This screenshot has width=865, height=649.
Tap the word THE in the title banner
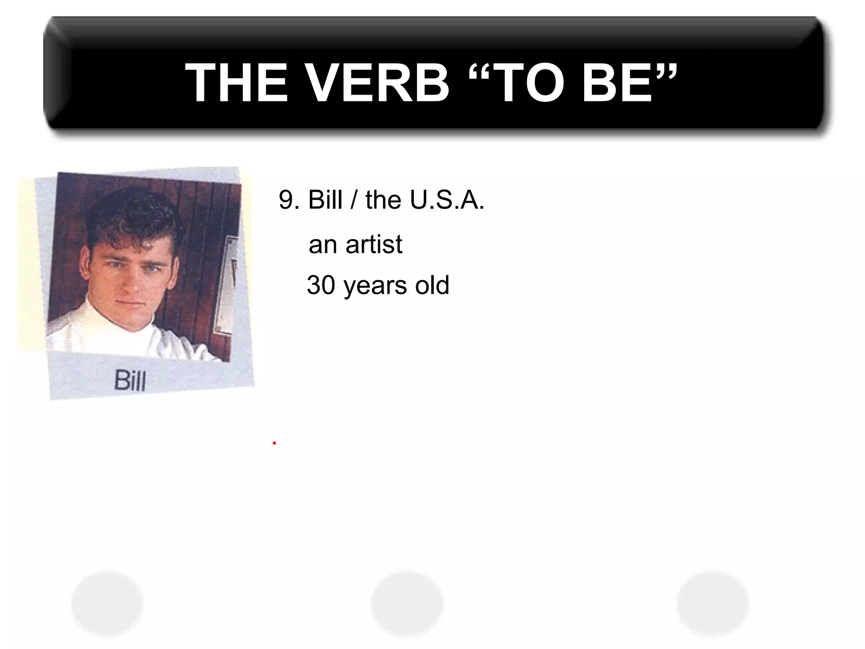pos(237,83)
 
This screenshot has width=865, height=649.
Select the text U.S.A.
pos(447,200)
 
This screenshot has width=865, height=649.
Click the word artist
pos(374,244)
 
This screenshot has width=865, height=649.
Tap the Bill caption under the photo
pos(130,380)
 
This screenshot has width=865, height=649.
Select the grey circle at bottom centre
pos(407,604)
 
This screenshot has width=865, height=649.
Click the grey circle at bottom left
pos(108,604)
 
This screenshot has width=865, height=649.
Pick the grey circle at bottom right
pos(713,604)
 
